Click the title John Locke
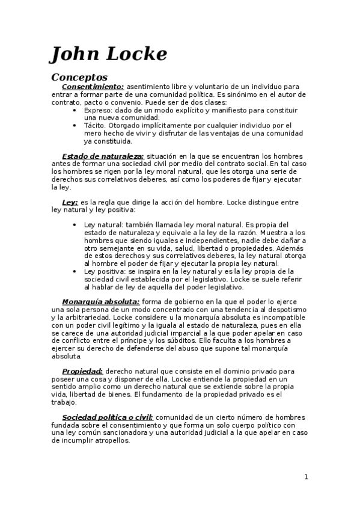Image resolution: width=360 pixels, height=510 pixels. click(109, 54)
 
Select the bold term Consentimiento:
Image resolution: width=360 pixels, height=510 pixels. click(93, 87)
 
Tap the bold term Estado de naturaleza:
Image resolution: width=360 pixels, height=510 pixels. click(103, 156)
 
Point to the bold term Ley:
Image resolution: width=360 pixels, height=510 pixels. click(70, 203)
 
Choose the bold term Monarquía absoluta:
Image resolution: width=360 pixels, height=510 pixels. click(101, 301)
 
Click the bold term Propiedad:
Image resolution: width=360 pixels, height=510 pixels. click(83, 372)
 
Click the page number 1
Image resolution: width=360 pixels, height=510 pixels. click(306, 477)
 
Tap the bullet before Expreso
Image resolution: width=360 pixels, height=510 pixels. click(74, 111)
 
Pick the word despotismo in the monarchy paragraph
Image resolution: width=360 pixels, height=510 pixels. click(284, 309)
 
